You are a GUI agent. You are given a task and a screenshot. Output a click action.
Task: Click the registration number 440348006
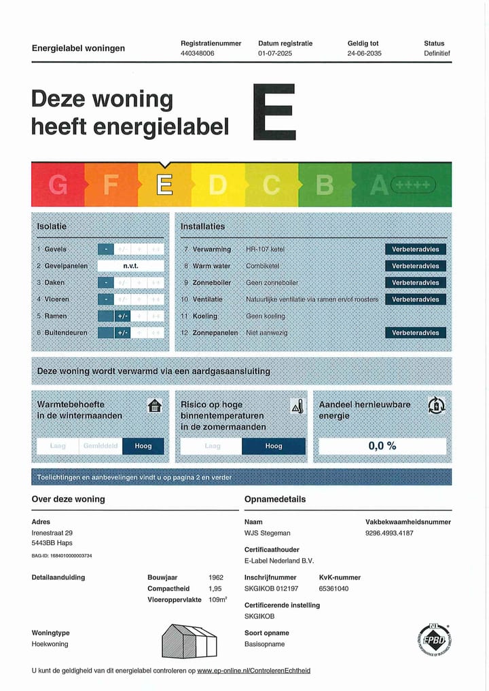197,53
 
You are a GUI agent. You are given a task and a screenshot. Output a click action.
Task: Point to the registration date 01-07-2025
275,53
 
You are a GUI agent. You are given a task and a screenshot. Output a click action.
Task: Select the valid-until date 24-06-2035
364,53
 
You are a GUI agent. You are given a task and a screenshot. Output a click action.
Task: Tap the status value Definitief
437,53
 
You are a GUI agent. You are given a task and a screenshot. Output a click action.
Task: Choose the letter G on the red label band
58,185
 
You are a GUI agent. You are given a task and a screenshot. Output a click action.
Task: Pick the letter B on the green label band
325,185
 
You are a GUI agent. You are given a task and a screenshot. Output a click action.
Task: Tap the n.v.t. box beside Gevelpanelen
130,266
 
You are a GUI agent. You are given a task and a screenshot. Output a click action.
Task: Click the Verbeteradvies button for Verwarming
415,249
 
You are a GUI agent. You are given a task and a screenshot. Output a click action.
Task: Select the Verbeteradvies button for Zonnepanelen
415,333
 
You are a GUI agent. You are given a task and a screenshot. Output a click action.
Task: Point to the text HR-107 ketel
266,249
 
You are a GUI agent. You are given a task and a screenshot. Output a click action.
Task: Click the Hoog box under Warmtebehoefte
143,446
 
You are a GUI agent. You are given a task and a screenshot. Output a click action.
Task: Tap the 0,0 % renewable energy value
382,446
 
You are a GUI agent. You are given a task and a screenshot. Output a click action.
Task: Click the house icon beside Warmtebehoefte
156,406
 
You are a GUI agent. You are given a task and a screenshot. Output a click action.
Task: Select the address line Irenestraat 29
52,533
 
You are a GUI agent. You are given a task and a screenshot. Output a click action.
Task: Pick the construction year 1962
216,578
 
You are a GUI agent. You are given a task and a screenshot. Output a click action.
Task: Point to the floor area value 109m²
217,600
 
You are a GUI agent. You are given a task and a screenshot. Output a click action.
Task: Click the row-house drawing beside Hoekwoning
189,640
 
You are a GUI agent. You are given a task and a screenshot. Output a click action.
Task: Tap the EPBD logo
434,640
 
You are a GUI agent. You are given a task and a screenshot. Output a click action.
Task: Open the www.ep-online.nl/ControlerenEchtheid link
253,671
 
